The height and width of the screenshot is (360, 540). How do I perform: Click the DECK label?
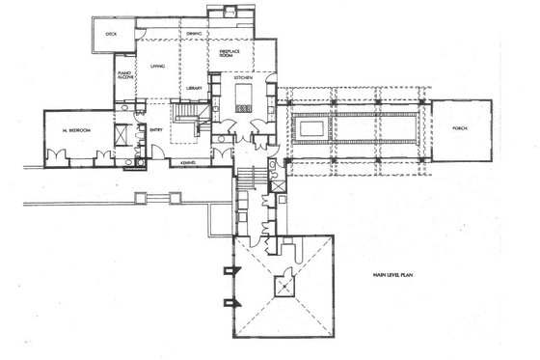[111, 34]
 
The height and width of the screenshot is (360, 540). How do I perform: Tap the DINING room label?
[194, 35]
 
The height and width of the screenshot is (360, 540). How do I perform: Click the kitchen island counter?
[242, 94]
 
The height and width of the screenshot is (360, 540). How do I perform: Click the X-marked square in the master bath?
[121, 133]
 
